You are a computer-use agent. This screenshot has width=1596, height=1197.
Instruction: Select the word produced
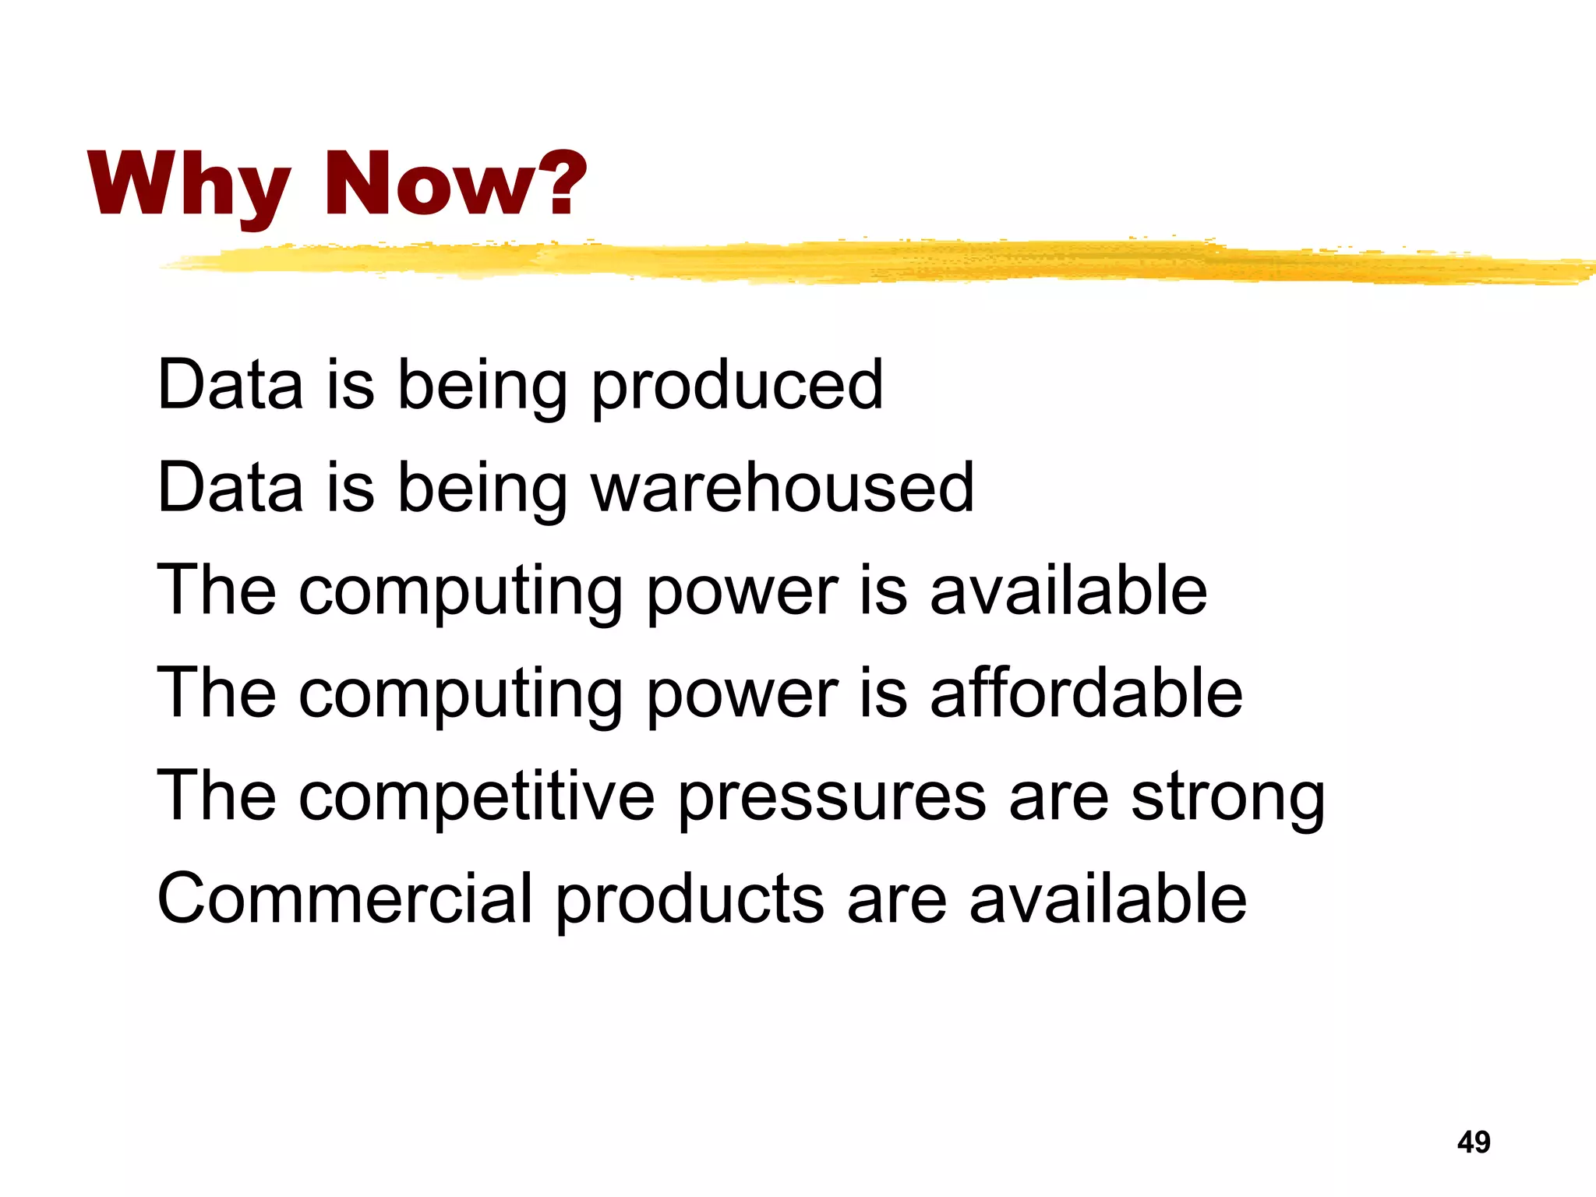[737, 387]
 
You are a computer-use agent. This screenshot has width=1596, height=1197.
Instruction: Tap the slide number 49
[1473, 1142]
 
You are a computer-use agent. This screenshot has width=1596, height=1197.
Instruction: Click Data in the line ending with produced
[230, 385]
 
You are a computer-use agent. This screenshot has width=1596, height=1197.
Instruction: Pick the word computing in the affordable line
[460, 696]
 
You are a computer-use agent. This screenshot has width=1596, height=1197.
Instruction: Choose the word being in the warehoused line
[482, 490]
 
